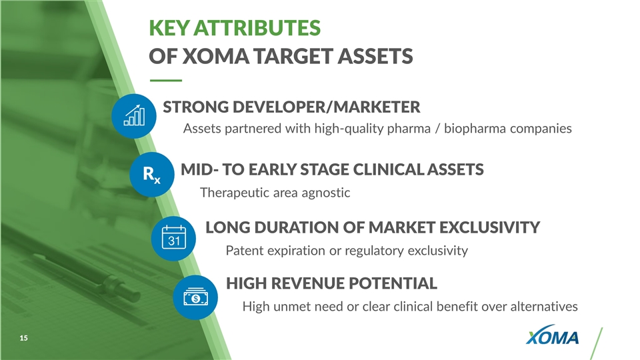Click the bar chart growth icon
pyautogui.click(x=134, y=116)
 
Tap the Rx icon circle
pyautogui.click(x=152, y=175)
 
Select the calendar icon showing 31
pyautogui.click(x=173, y=239)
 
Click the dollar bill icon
pyautogui.click(x=195, y=297)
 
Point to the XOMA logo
pyautogui.click(x=552, y=335)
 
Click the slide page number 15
pyautogui.click(x=24, y=338)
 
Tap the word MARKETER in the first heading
pyautogui.click(x=377, y=107)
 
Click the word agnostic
pyautogui.click(x=326, y=193)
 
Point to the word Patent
pyautogui.click(x=245, y=250)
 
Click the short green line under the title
pyautogui.click(x=166, y=81)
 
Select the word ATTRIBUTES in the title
pyautogui.click(x=257, y=28)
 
